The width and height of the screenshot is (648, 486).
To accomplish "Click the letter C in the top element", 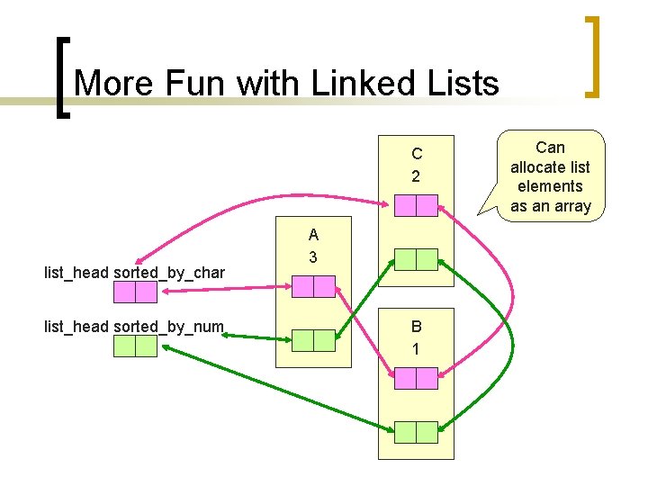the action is click(x=416, y=154).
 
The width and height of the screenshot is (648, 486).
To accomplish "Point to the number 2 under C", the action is click(x=416, y=175).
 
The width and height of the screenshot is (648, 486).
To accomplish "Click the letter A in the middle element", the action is click(x=313, y=236).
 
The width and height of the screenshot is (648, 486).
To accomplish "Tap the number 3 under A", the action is click(x=313, y=257).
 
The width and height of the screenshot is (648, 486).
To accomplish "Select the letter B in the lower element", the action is click(x=416, y=327).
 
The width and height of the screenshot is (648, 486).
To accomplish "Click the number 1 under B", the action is click(x=416, y=348).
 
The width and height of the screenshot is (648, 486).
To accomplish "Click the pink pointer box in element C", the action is click(x=416, y=206).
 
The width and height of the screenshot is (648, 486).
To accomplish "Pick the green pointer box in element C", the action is click(x=416, y=260).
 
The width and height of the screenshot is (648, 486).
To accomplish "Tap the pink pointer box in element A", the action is click(x=313, y=287).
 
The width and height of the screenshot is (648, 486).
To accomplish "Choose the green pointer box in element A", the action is click(x=313, y=340).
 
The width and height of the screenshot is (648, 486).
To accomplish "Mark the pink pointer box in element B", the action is click(x=416, y=379).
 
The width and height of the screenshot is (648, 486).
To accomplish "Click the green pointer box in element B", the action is click(x=416, y=433).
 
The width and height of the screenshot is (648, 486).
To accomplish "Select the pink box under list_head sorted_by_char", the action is click(x=135, y=292).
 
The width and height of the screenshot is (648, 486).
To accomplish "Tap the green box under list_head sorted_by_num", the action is click(x=135, y=346).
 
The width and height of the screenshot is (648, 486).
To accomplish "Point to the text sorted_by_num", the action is click(x=169, y=326).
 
